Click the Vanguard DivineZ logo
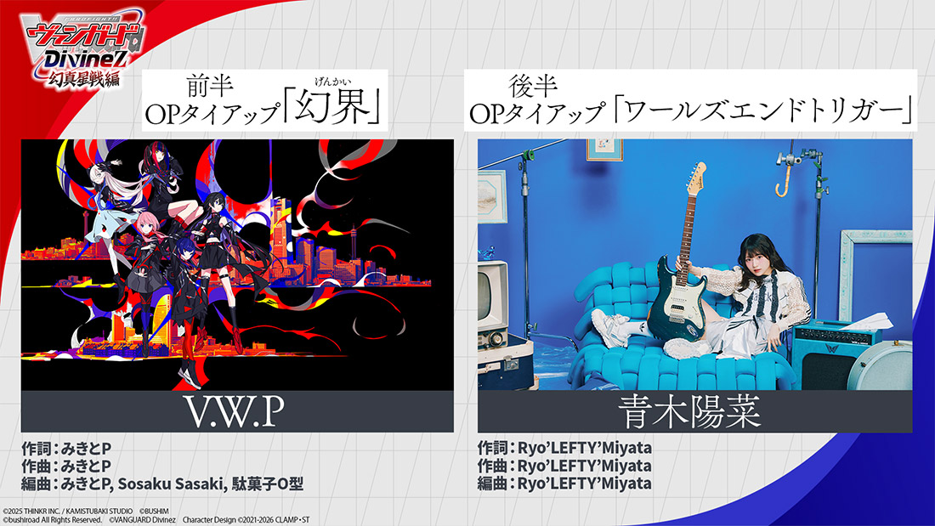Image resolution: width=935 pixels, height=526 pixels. click(82, 49)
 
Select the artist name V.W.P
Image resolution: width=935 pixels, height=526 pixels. click(234, 411)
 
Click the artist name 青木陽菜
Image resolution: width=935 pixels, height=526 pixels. click(689, 411)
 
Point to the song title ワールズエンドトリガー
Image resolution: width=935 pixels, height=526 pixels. click(763, 110)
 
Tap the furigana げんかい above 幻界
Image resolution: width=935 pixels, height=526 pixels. click(332, 82)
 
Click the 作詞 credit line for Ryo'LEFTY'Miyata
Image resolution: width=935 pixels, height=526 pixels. click(564, 448)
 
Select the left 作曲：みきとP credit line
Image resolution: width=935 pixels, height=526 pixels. click(66, 466)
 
